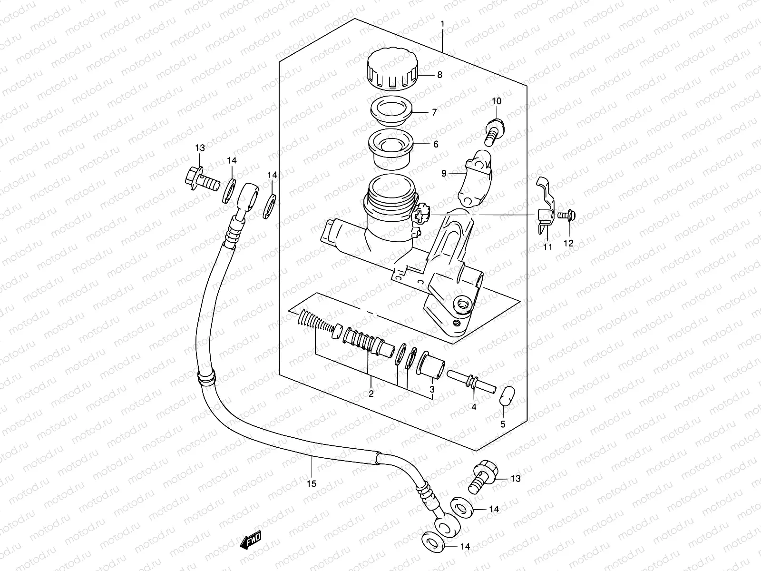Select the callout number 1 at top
(442, 23)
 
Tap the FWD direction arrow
(251, 542)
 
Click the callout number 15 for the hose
(311, 484)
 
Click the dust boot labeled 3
(432, 368)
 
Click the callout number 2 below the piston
(371, 394)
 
